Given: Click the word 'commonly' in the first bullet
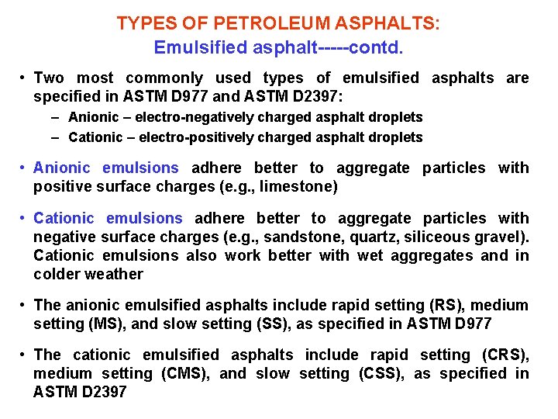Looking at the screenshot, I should coord(164,78).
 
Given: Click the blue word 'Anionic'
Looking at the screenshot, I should coord(62,168).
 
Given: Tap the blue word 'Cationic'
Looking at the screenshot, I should coord(64,218).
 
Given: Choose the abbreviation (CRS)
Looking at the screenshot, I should coord(505,355).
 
